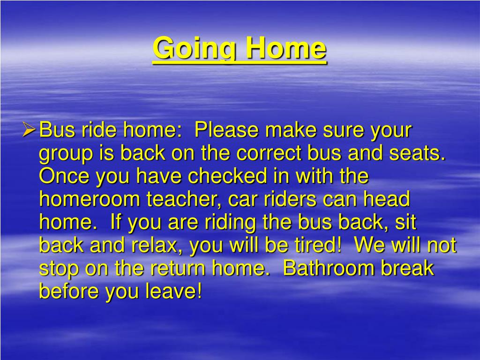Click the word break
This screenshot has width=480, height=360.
[407, 268]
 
